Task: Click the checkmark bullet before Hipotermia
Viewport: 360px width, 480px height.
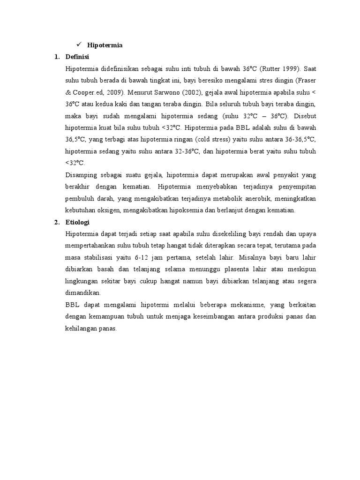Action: point(79,45)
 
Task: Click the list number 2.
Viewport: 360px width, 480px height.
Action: point(57,222)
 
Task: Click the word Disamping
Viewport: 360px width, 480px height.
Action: point(83,175)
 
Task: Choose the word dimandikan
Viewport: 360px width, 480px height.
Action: point(83,292)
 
